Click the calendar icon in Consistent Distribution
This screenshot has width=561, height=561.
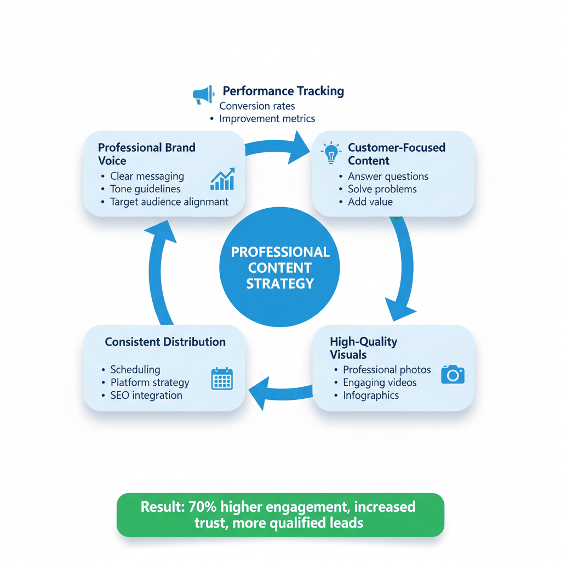coord(222,379)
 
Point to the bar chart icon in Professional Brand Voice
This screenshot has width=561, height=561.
coord(222,179)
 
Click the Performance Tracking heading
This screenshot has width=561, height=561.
coord(283,91)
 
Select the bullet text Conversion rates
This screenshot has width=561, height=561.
coord(257,106)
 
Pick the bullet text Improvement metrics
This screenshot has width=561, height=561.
coord(267,118)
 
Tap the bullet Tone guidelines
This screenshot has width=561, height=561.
coord(145,189)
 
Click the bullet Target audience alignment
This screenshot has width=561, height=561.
coord(169,202)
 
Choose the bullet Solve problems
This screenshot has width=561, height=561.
coord(382,189)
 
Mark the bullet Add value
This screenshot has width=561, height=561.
coord(370,202)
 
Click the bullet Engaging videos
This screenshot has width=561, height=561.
coord(380,382)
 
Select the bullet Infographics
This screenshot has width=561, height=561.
coord(371,396)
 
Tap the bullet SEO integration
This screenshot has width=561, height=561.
coord(146,396)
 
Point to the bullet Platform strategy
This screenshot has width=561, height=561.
coord(150,382)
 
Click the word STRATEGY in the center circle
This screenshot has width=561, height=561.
coord(280,283)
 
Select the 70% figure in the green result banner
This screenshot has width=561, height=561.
coord(203,507)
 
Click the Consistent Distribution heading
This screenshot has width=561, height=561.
coord(165,342)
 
